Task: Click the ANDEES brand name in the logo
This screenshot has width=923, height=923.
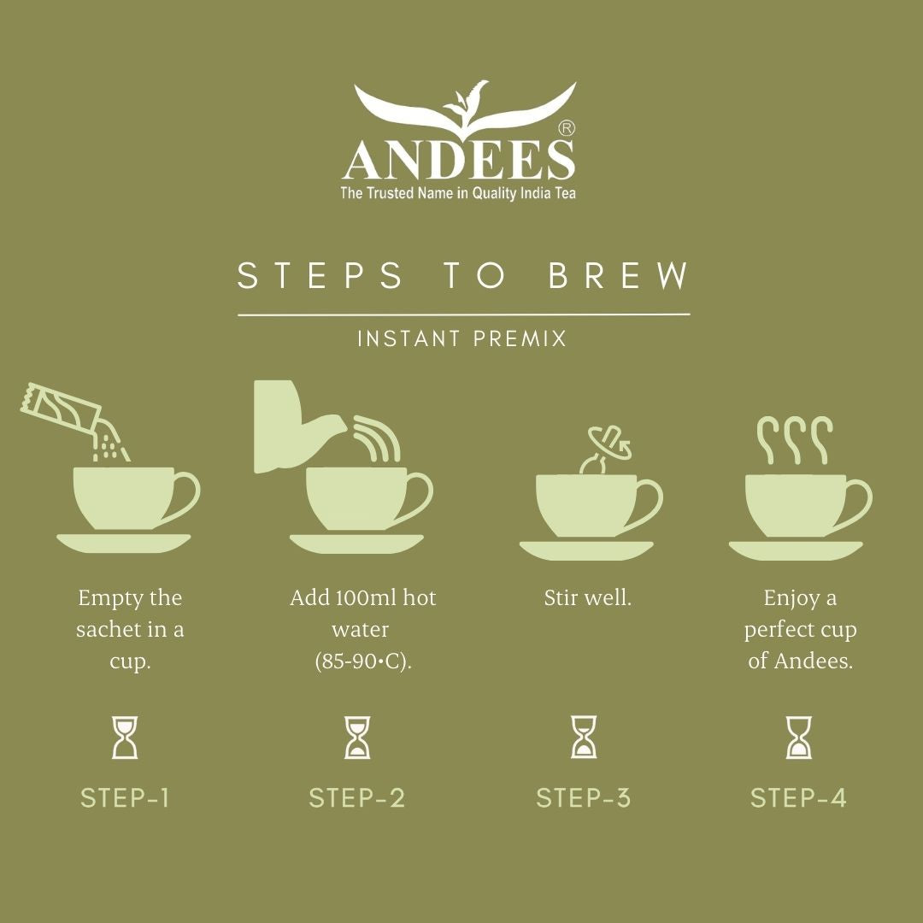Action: click(x=459, y=160)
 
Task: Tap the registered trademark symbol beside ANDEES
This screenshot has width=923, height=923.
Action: click(x=566, y=128)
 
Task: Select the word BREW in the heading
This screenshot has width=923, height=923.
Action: click(x=619, y=275)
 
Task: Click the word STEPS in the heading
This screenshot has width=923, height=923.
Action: click(x=320, y=275)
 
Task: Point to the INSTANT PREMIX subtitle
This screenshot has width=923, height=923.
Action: click(x=462, y=338)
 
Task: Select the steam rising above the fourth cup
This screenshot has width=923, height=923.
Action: click(x=795, y=440)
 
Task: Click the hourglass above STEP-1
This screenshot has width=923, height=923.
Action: click(x=125, y=738)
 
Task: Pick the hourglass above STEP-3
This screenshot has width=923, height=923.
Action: click(x=584, y=737)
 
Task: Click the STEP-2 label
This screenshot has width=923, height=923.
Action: click(x=357, y=798)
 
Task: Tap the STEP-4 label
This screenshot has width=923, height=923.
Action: click(x=798, y=798)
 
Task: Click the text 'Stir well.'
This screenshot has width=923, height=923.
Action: click(x=587, y=598)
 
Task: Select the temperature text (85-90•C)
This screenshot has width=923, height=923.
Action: click(x=363, y=661)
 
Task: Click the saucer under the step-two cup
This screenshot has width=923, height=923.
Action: click(x=356, y=544)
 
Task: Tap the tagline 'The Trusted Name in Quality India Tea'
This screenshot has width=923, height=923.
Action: click(x=458, y=193)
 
